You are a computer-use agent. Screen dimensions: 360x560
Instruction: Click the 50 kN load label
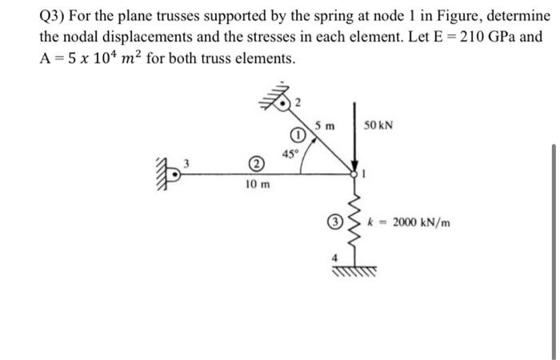click(378, 126)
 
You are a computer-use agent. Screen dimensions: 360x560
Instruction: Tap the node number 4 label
click(338, 258)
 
